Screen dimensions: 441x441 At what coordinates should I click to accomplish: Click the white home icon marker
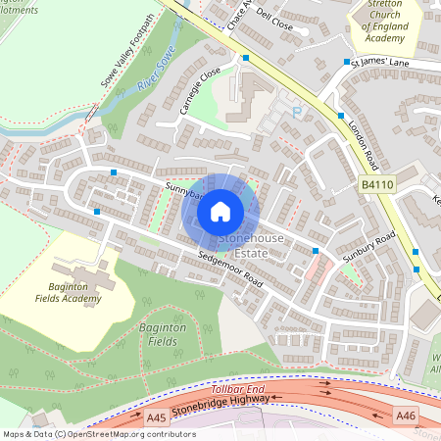220,211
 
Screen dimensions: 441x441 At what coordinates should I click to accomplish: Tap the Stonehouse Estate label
243,245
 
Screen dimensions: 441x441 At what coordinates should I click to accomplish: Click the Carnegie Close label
200,91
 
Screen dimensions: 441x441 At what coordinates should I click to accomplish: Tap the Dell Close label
275,21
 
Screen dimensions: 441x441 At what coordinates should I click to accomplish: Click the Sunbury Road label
368,246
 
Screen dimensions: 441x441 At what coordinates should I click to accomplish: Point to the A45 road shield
156,417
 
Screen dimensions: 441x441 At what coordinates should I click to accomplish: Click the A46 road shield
407,416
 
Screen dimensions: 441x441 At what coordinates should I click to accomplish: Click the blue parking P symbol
297,114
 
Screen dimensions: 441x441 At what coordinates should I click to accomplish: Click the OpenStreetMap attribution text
98,433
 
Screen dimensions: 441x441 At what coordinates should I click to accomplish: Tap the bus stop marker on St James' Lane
347,61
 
